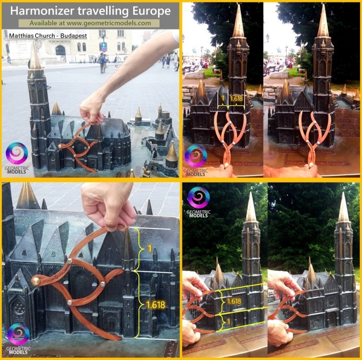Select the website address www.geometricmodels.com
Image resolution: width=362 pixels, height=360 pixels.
click(x=109, y=23)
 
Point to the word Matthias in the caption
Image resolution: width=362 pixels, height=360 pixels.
click(x=20, y=36)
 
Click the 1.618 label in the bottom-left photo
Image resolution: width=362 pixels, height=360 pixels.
click(x=156, y=305)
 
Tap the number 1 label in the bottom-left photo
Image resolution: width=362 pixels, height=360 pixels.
click(x=150, y=249)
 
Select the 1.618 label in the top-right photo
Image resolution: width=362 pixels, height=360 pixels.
click(x=236, y=99)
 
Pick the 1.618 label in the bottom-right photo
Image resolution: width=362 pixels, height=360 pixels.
click(x=234, y=301)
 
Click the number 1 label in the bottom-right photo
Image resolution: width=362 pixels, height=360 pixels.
click(x=228, y=322)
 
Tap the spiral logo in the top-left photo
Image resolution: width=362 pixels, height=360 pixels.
click(x=17, y=153)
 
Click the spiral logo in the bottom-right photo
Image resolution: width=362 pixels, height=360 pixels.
click(x=199, y=198)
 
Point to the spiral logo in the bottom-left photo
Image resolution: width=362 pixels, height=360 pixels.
click(x=19, y=334)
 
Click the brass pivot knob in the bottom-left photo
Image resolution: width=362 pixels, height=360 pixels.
click(x=36, y=281)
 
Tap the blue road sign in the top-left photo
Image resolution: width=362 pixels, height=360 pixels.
click(x=104, y=47)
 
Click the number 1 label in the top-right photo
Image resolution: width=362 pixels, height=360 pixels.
click(x=223, y=99)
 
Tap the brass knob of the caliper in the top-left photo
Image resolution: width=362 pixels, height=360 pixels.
click(x=60, y=146)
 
